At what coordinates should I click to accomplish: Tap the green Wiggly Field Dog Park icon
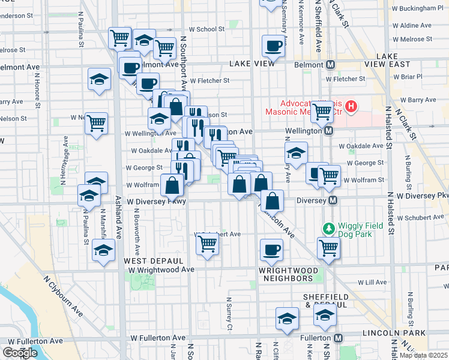pos(328,229)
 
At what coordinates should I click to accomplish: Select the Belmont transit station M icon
pos(330,65)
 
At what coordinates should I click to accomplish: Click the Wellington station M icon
pos(329,130)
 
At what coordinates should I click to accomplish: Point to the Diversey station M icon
pos(331,200)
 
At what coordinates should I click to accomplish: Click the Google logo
pos(20,353)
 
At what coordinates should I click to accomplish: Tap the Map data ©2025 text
pos(424,355)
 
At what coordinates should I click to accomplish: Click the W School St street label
pos(206,29)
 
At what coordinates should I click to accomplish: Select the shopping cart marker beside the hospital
pos(322,111)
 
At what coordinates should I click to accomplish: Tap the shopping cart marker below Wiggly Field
pos(328,247)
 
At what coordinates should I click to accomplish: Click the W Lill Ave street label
pos(372,281)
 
